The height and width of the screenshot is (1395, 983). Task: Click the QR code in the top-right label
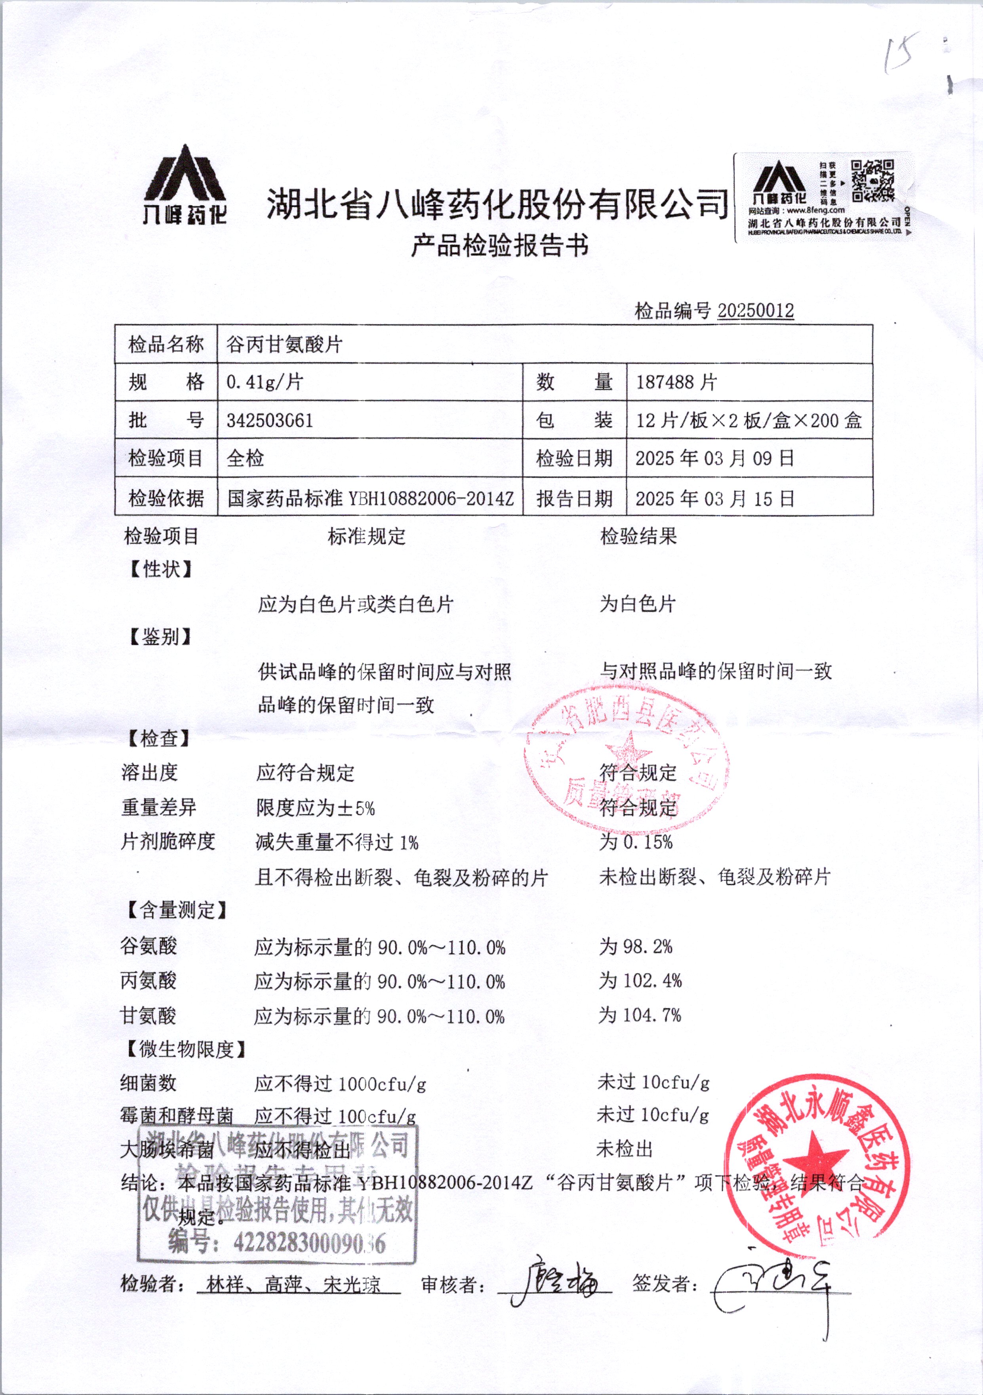[873, 181]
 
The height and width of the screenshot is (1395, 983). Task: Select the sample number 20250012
[755, 311]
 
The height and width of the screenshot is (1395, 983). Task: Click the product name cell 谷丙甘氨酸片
[284, 345]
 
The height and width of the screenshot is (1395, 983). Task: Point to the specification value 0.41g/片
[265, 382]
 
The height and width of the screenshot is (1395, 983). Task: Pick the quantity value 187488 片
[676, 382]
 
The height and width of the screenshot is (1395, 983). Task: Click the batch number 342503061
[269, 420]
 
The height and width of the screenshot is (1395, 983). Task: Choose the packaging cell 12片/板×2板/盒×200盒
[749, 420]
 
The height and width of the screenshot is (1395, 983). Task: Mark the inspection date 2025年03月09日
[714, 458]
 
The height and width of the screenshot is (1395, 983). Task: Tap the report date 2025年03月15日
[714, 498]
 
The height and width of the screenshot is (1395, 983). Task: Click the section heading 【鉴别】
[160, 637]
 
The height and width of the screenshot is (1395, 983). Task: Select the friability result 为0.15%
[636, 842]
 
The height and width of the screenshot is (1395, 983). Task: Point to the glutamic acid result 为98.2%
[636, 946]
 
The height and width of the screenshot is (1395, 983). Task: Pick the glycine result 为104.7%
[640, 1015]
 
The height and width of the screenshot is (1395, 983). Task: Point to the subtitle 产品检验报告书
[499, 246]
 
